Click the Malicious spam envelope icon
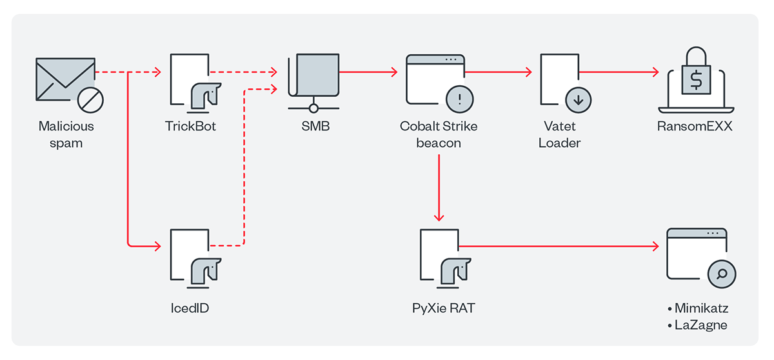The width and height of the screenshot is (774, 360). [63, 79]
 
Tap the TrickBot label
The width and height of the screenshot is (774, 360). [190, 126]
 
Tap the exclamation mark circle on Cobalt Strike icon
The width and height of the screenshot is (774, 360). [459, 99]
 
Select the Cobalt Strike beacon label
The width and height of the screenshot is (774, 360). [439, 134]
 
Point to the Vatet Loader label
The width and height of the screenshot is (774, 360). [559, 134]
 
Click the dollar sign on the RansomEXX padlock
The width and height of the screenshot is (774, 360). [696, 81]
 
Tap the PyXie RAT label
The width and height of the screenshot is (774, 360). [443, 308]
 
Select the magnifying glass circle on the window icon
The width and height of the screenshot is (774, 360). [722, 274]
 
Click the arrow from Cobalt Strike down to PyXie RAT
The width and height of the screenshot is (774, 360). [439, 187]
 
